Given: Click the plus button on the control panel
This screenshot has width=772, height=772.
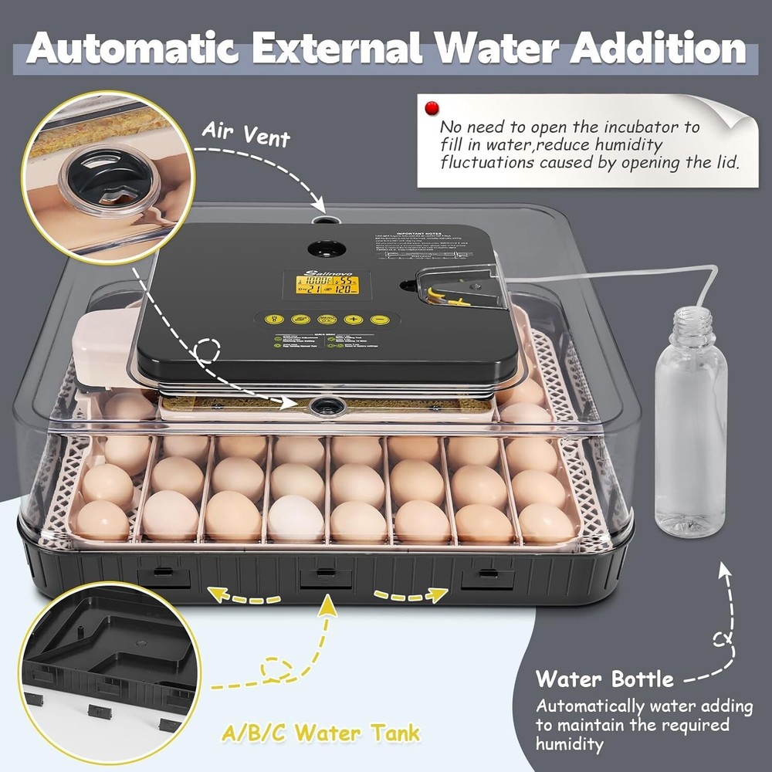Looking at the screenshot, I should point(354,319).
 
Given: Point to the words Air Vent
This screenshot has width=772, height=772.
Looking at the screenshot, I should point(245,135).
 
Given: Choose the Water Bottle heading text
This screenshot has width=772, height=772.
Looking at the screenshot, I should point(604,680).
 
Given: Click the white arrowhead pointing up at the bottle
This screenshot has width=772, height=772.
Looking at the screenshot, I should point(724,569).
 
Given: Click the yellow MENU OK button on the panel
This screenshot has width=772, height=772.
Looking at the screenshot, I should point(327,319).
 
